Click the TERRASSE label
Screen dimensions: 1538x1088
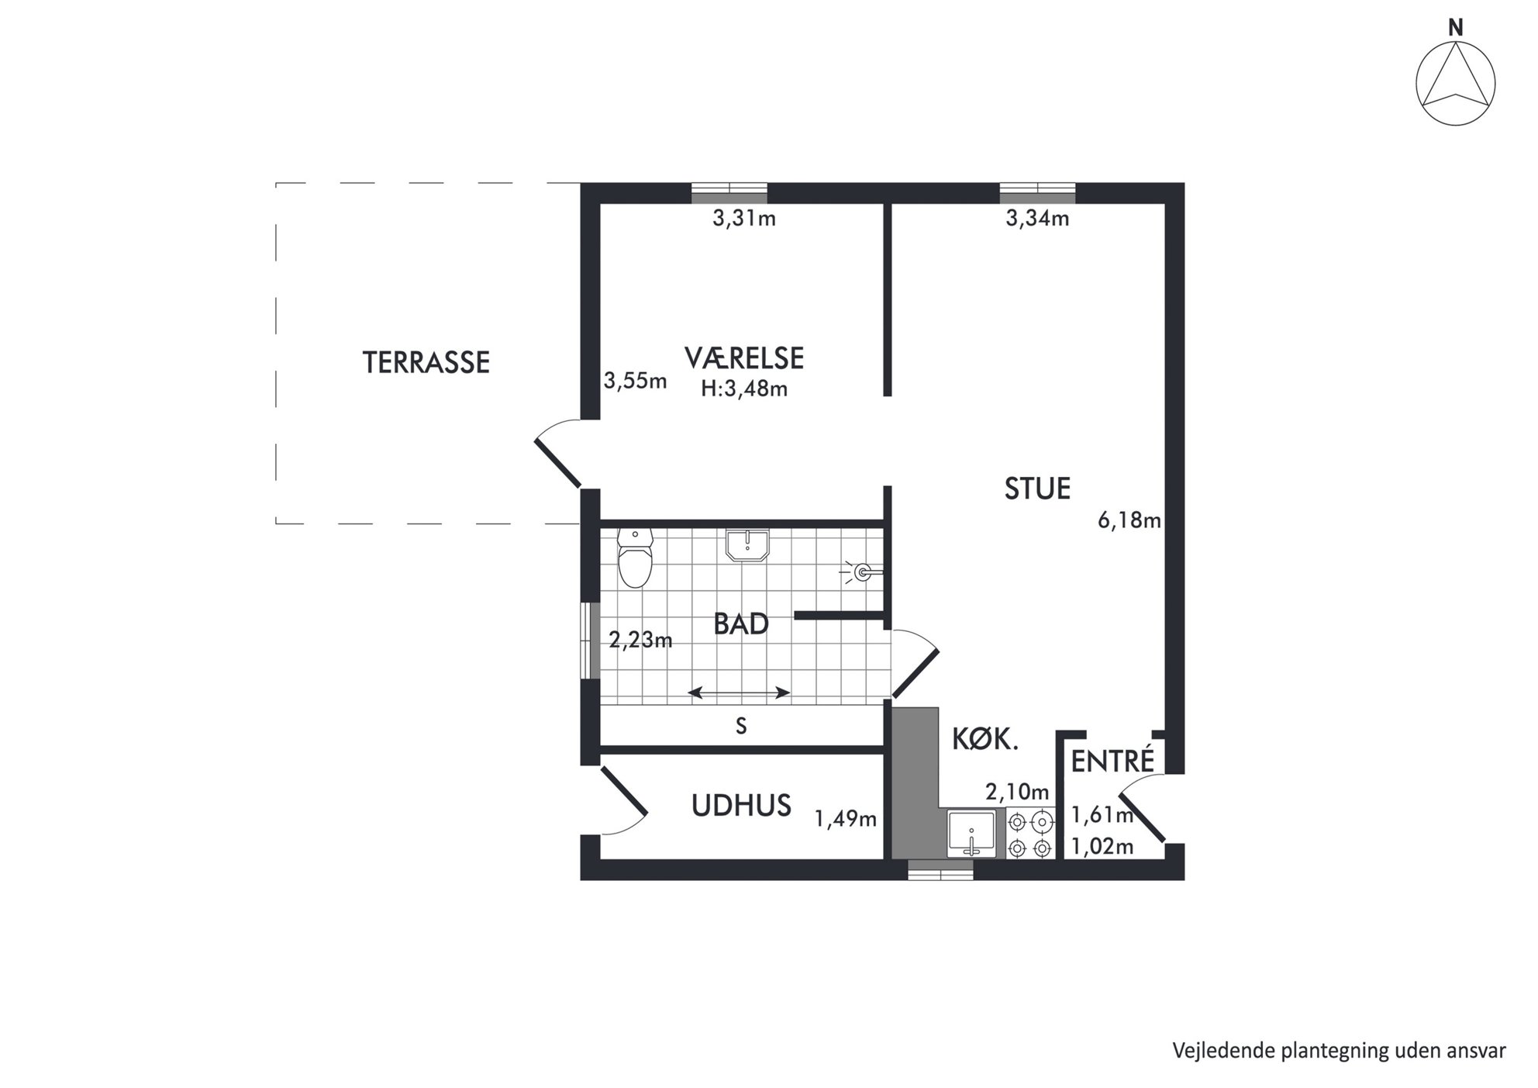[426, 363]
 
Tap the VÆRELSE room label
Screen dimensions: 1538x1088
[744, 358]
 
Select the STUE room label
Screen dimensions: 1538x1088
[1037, 489]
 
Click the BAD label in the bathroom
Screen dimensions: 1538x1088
[741, 624]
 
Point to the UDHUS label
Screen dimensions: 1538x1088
[741, 807]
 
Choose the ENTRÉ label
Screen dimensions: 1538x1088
[1113, 760]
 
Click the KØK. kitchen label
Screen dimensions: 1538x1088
[985, 740]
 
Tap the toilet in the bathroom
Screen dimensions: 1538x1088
[636, 558]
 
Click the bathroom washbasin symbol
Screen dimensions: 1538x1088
[747, 545]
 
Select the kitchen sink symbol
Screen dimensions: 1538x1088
[971, 834]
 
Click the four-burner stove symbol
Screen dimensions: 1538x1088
[1031, 834]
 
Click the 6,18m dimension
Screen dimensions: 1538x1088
[1129, 520]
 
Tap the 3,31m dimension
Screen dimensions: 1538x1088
[744, 219]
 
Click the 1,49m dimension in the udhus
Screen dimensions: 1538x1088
[846, 819]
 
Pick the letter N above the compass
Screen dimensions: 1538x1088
[1456, 28]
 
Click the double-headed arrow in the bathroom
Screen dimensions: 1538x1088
[740, 693]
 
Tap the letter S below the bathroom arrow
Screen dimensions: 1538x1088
[741, 726]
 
